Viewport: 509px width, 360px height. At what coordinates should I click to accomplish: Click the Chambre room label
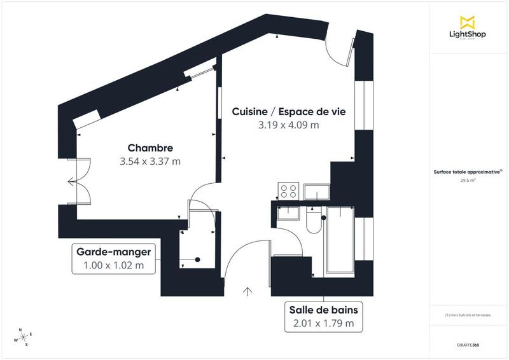point(150,148)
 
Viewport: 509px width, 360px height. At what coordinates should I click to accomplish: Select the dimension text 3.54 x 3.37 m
point(150,162)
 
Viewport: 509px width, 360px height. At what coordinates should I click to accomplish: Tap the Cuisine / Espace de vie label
point(288,111)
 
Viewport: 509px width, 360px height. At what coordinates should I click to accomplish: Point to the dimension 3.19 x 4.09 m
point(288,125)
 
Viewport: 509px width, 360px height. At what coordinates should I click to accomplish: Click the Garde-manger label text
point(113,252)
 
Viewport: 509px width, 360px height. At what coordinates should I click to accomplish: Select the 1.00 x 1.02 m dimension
point(113,265)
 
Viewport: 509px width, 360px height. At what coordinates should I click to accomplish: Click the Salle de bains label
point(323,310)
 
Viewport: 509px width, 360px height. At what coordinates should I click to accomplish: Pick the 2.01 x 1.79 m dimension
point(323,324)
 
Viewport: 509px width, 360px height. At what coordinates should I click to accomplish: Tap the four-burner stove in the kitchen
point(288,191)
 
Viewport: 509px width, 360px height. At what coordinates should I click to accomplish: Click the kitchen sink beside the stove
point(316,191)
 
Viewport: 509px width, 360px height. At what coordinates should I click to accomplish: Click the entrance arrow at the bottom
point(247,291)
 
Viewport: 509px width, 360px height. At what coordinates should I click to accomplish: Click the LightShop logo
point(468,27)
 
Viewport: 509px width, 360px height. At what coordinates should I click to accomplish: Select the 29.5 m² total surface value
point(468,181)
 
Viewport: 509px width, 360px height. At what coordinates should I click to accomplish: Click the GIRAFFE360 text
point(468,345)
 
